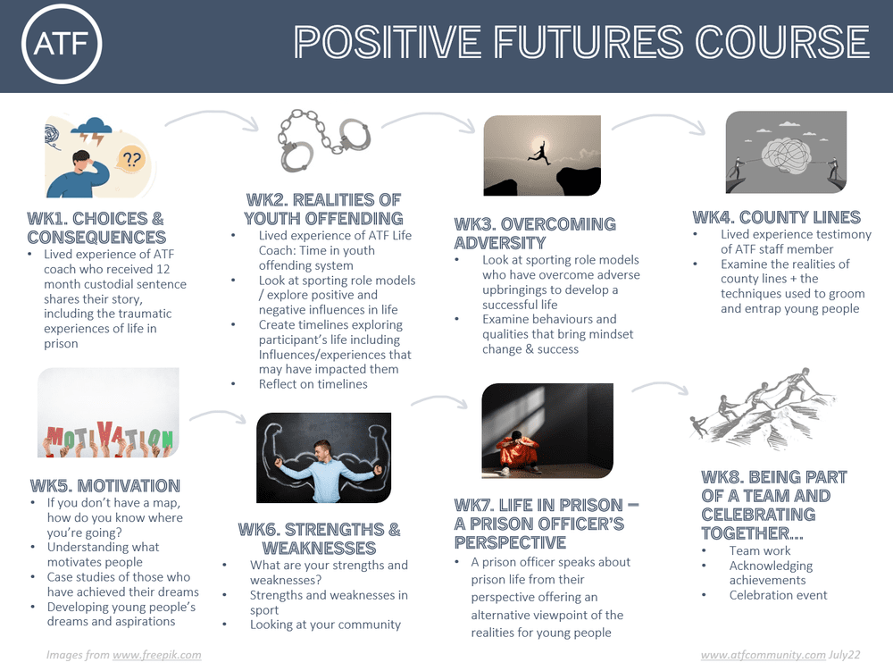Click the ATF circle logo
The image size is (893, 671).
pyautogui.click(x=62, y=44)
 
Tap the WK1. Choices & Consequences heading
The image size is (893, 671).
pyautogui.click(x=96, y=228)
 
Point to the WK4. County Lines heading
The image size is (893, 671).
pyautogui.click(x=776, y=217)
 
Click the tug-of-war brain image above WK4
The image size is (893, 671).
pyautogui.click(x=786, y=152)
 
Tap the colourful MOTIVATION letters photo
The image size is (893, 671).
pyautogui.click(x=108, y=413)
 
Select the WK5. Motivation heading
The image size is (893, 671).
pyautogui.click(x=105, y=486)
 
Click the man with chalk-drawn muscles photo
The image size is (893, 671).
pyautogui.click(x=323, y=457)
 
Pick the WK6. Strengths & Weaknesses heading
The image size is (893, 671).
pyautogui.click(x=319, y=539)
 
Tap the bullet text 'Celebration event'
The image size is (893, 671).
pyautogui.click(x=778, y=595)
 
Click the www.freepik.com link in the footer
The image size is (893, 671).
pyautogui.click(x=156, y=655)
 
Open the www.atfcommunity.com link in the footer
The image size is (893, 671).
pyautogui.click(x=763, y=655)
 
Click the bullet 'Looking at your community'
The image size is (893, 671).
pyautogui.click(x=325, y=625)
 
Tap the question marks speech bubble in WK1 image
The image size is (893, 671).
pyautogui.click(x=131, y=160)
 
